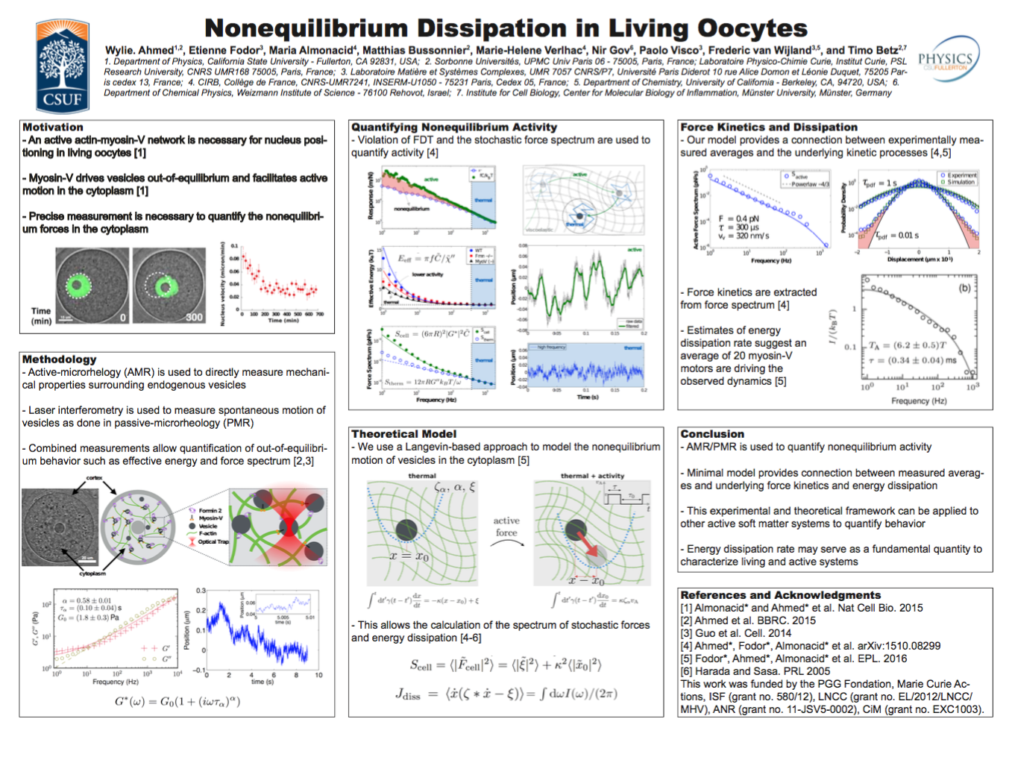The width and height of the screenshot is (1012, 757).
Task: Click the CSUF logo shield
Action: pos(63,66)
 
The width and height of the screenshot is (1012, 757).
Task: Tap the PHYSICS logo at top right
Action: pos(948,59)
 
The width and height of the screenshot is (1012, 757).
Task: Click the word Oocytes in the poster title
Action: pos(752,28)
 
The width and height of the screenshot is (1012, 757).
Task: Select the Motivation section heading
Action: pos(53,128)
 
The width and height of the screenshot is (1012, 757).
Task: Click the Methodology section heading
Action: pos(59,359)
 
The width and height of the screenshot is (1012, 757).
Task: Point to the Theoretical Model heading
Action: pos(403,434)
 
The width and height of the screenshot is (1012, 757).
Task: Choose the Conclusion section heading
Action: pos(712,434)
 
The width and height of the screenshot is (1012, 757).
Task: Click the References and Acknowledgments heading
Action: pos(780,595)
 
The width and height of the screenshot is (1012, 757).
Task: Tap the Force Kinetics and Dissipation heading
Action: pos(768,128)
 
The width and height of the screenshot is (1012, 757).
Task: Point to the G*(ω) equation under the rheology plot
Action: pos(177,702)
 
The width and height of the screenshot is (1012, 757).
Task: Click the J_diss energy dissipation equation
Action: pos(506,694)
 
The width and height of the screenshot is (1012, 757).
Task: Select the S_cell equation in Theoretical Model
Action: pos(506,665)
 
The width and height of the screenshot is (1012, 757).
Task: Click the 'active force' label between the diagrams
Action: pos(506,527)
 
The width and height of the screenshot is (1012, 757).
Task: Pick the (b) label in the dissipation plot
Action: pos(964,288)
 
